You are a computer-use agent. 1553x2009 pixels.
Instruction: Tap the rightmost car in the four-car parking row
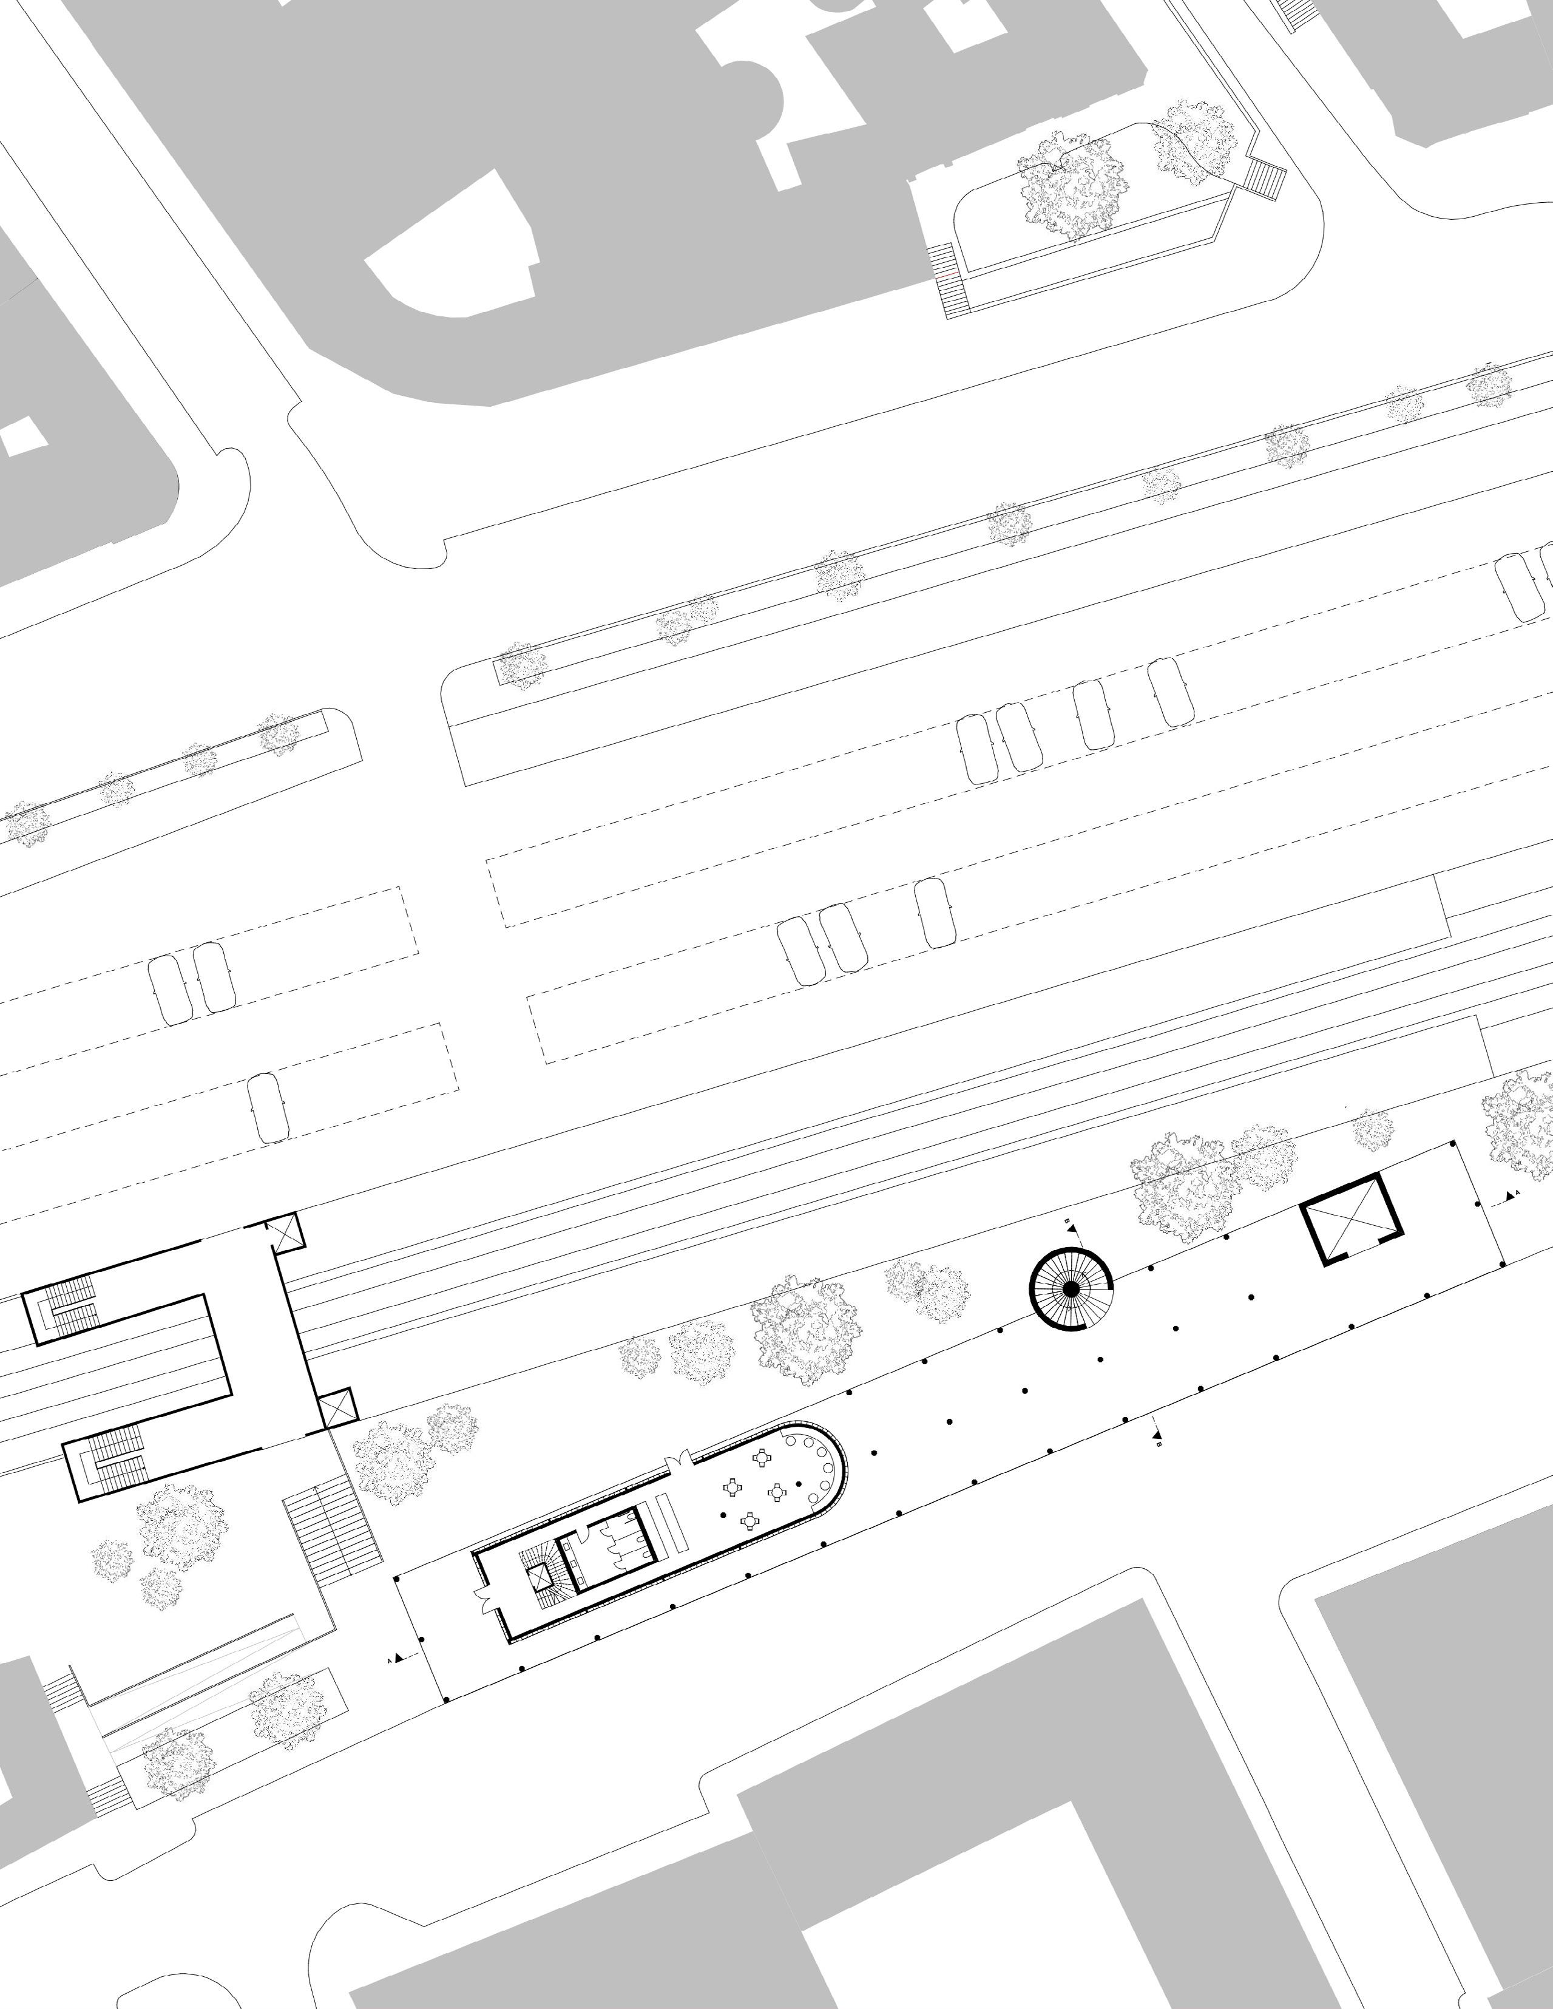(1171, 690)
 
